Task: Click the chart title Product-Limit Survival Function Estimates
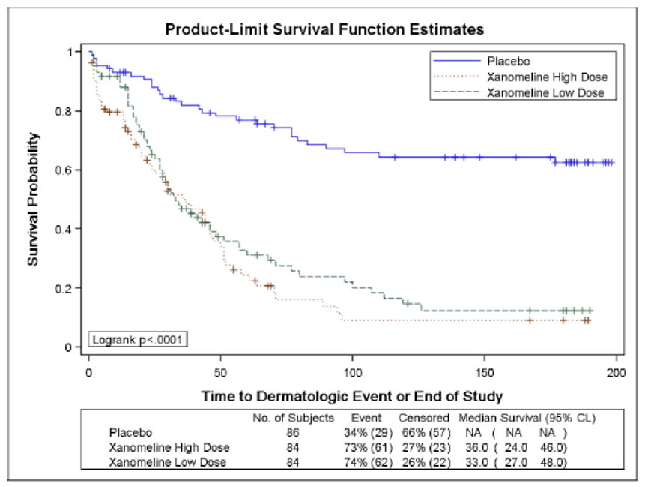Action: pos(324,30)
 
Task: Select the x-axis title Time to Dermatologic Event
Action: pos(351,395)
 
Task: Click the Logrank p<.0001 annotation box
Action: pos(138,339)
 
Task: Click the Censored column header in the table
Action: pos(424,417)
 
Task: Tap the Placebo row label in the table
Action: pos(130,432)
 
